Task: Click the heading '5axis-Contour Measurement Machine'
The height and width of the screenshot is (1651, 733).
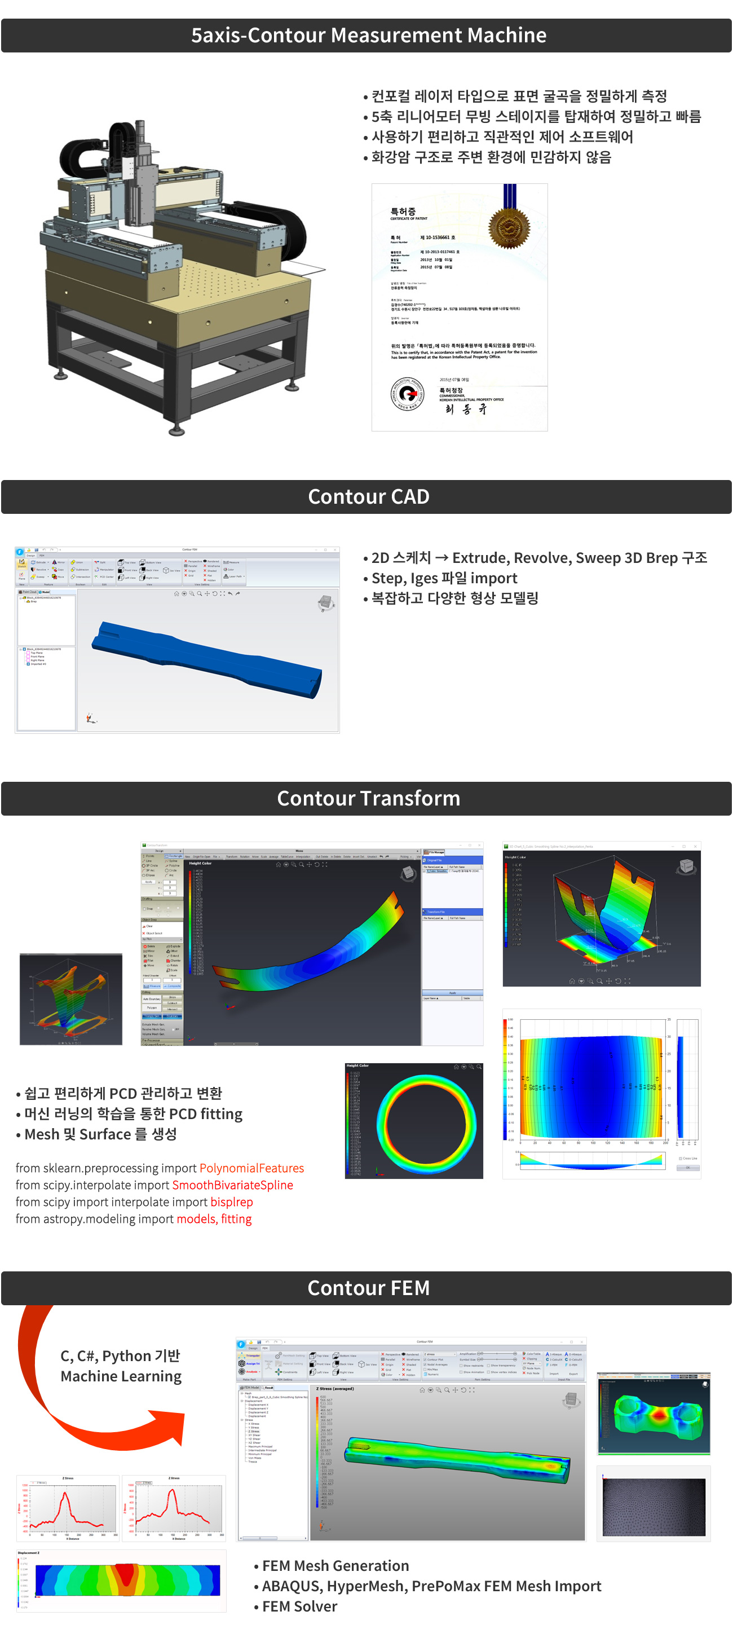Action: coord(368,35)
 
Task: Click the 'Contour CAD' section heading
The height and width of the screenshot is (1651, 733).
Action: coord(368,497)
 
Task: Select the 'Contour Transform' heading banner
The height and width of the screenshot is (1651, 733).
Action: coord(368,798)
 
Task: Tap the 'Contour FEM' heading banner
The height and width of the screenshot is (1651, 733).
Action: coord(368,1288)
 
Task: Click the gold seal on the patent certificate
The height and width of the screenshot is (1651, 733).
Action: coord(509,227)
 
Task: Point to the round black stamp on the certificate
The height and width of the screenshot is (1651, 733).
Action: coord(408,394)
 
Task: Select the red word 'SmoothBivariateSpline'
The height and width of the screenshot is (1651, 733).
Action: coord(232,1185)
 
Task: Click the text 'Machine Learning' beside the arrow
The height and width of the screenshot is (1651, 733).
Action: coord(121,1376)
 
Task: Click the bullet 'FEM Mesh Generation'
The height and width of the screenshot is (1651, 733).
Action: coord(335,1566)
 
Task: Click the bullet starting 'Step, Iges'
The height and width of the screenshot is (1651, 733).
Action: coord(444,578)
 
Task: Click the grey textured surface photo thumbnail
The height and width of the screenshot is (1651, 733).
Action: coord(653,1507)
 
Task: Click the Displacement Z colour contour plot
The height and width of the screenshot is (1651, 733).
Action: coord(127,1580)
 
